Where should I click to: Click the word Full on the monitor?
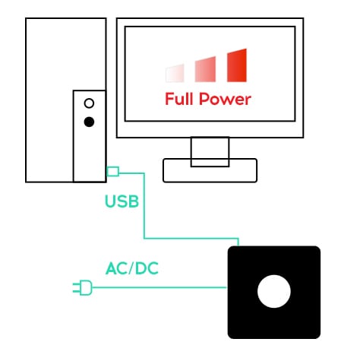point(179,99)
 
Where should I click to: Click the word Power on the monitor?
point(225,99)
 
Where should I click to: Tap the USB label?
point(122,201)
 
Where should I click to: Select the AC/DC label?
point(132,268)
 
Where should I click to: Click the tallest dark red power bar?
point(237,65)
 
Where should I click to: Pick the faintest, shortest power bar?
point(175,73)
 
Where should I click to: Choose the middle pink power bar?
point(205,69)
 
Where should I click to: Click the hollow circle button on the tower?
point(89,103)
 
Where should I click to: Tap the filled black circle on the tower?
point(89,122)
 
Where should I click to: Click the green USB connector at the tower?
point(113,172)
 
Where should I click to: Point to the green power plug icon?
point(83,287)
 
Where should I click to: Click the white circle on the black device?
point(274,291)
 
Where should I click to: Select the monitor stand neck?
point(210,151)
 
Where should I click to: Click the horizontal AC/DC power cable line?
point(159,287)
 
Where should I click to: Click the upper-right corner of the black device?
point(320,246)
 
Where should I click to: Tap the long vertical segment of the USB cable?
point(144,206)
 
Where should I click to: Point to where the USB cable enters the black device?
point(238,245)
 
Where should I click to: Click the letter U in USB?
point(110,201)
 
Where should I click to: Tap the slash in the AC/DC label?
point(131,268)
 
